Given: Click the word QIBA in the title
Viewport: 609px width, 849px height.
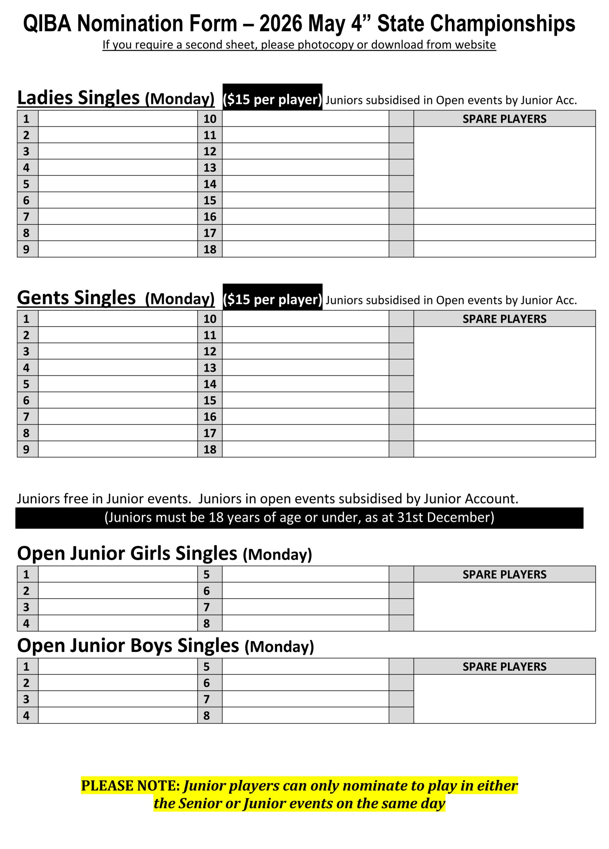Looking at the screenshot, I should point(47,24).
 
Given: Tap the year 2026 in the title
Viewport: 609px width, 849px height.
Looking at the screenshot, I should point(281,24).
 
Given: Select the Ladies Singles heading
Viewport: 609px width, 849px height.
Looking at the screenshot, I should point(78,98).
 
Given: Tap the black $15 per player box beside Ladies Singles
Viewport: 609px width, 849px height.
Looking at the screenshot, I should point(272,99).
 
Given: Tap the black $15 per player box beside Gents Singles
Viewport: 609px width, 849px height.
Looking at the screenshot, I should point(272,299).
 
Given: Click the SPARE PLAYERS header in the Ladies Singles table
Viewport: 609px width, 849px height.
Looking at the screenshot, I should point(504,119).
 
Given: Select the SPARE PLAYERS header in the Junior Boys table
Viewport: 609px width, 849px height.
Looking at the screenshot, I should point(504,666).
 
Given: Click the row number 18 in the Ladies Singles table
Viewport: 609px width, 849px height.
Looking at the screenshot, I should point(210,249).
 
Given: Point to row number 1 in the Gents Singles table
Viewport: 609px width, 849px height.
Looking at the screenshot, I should point(26,319).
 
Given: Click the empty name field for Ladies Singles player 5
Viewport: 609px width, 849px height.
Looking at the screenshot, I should point(118,184).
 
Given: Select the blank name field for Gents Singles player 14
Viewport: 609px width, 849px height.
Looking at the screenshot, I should point(305,384).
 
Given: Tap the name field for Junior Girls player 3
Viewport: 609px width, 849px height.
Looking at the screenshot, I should point(118,607).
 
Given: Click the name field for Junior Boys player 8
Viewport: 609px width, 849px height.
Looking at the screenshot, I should point(305,715).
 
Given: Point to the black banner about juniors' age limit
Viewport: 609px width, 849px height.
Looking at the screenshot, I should point(299,518).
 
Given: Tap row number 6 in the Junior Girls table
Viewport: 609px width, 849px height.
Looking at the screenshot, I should point(207,591).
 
